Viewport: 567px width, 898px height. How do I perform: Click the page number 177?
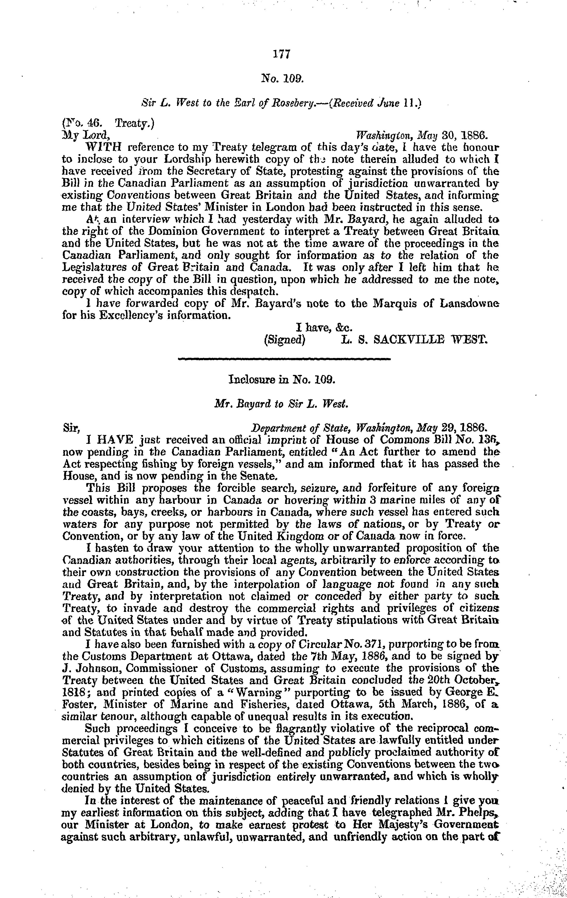(x=282, y=55)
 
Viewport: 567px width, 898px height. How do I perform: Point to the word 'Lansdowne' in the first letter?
(x=470, y=304)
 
